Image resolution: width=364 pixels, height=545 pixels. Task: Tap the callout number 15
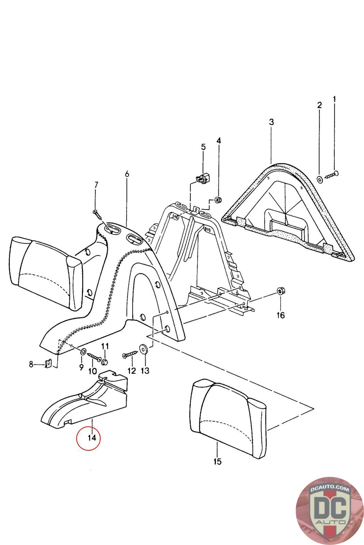point(217,462)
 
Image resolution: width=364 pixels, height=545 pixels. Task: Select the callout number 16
point(280,315)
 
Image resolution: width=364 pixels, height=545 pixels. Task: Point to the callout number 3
point(271,122)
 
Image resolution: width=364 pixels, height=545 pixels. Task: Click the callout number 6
point(127,174)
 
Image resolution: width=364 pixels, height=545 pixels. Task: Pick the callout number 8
point(31,364)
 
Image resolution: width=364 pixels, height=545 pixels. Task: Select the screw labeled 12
point(130,355)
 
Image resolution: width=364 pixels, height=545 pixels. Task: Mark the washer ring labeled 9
point(83,352)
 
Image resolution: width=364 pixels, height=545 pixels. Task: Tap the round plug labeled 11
point(105,360)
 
